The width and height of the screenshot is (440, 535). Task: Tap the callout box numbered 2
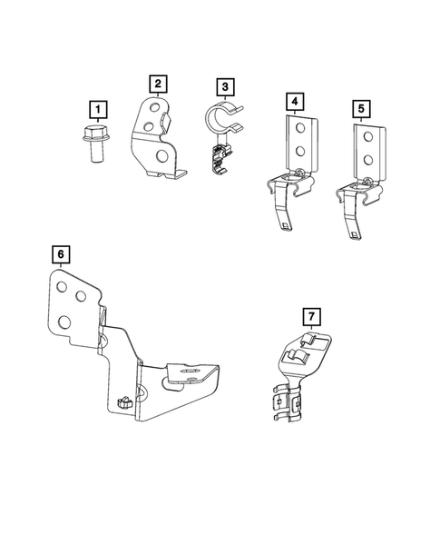(158, 84)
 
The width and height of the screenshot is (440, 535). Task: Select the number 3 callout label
(223, 87)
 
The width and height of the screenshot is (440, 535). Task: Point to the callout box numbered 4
(294, 100)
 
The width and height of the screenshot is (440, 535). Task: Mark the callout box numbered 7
(310, 316)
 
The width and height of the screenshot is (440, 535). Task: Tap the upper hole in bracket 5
(367, 137)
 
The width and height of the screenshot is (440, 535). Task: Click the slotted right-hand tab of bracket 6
(191, 372)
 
